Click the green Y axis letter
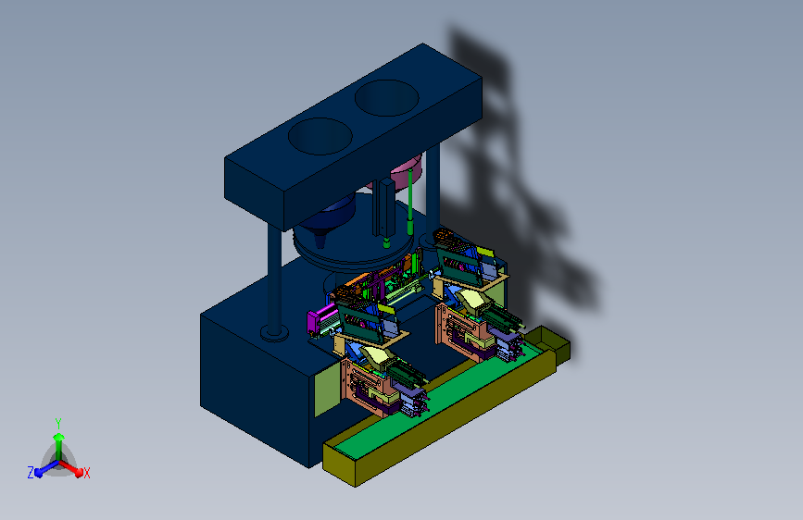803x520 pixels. click(x=58, y=424)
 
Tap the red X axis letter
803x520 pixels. click(x=86, y=473)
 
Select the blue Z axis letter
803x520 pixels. click(x=31, y=473)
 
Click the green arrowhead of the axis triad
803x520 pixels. click(x=59, y=438)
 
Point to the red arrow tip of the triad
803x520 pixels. click(x=79, y=471)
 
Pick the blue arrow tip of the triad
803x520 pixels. click(x=39, y=473)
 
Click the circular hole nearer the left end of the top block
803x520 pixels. click(x=320, y=136)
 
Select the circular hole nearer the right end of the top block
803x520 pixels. click(x=386, y=98)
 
